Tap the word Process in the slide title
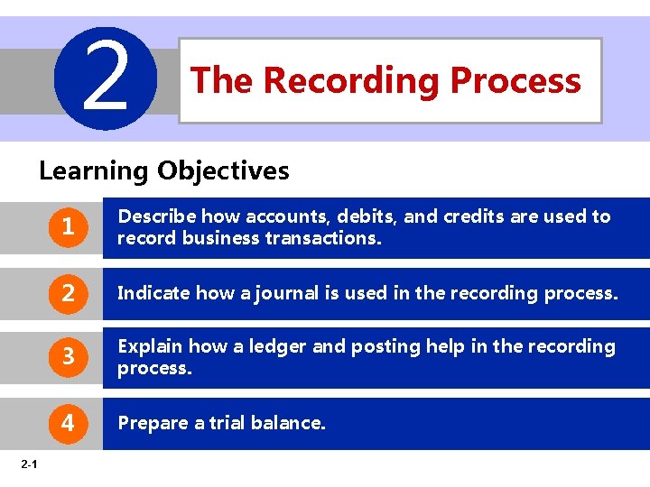[515, 80]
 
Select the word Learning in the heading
[94, 170]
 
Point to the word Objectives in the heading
[223, 170]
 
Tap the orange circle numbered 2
[68, 293]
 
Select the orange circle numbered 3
[68, 358]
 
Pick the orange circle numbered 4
[68, 422]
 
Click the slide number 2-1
[27, 464]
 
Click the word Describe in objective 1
[157, 216]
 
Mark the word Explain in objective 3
[150, 346]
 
